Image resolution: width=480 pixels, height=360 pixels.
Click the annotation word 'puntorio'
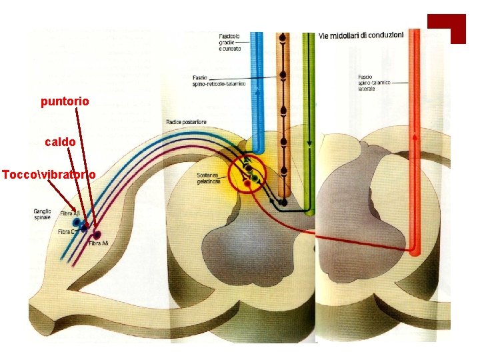tap(65, 102)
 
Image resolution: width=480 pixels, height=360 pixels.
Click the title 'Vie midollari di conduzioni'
tap(361, 35)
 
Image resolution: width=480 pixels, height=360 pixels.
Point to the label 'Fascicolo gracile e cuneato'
tap(231, 41)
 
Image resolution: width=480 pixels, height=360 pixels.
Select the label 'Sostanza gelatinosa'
tap(209, 179)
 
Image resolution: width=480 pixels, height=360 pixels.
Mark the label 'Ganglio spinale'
tap(42, 215)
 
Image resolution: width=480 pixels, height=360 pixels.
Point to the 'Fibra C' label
tap(66, 231)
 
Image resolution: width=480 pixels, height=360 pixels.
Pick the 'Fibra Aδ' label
tap(98, 243)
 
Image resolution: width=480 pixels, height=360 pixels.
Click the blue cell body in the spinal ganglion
tap(77, 222)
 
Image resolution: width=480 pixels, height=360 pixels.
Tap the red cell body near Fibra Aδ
tap(97, 235)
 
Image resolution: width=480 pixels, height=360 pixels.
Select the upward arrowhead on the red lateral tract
tap(415, 138)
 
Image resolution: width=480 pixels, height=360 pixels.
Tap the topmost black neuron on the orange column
tap(284, 39)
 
